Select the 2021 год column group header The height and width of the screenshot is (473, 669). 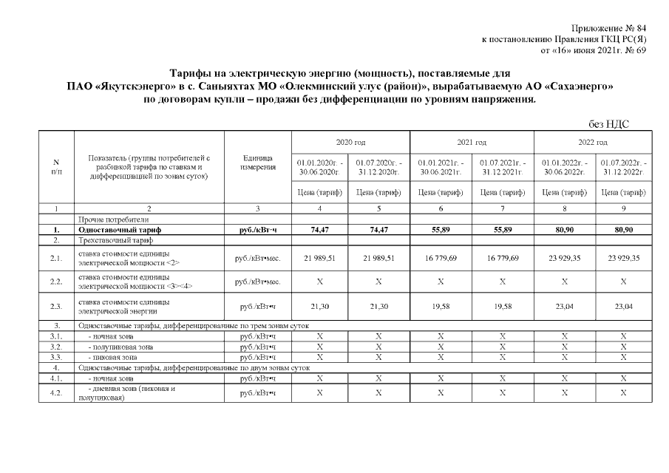pyautogui.click(x=471, y=142)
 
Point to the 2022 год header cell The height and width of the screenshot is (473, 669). pyautogui.click(x=592, y=142)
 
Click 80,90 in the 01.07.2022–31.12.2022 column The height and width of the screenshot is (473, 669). pyautogui.click(x=623, y=231)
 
